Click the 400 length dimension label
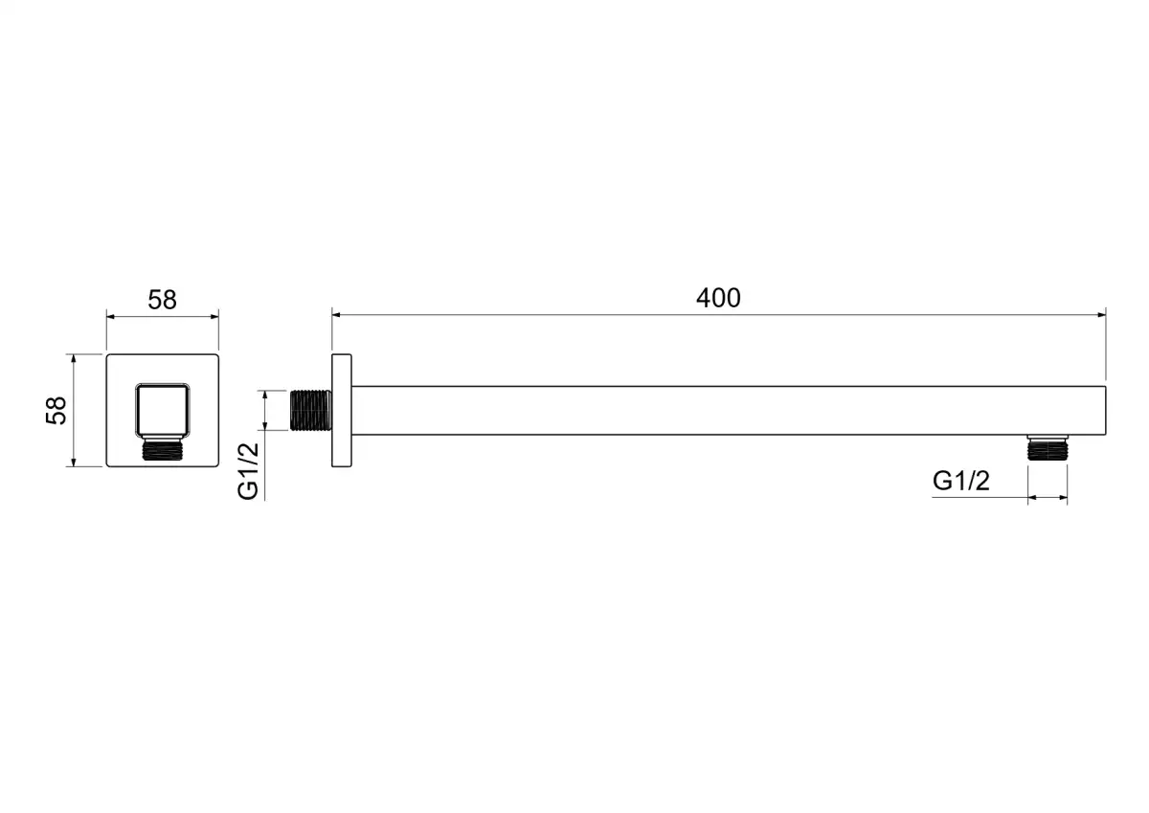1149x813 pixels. (717, 298)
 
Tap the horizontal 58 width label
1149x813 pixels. (162, 300)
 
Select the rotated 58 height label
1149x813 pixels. (56, 411)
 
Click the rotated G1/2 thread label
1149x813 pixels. (248, 470)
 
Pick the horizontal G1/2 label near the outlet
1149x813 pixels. (960, 481)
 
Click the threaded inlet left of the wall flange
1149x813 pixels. (311, 411)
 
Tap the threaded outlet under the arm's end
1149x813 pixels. (1048, 447)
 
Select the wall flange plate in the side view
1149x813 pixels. (342, 411)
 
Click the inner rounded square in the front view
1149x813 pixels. (163, 411)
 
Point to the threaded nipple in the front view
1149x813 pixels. (163, 449)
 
